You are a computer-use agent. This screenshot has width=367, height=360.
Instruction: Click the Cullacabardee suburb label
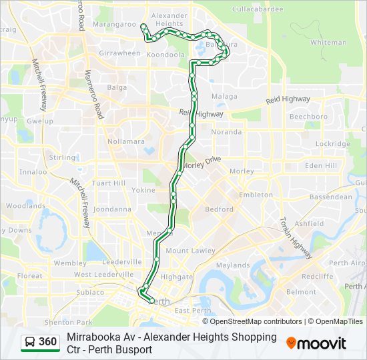pyautogui.click(x=258, y=10)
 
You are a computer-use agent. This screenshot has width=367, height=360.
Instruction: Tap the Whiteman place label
pyautogui.click(x=328, y=43)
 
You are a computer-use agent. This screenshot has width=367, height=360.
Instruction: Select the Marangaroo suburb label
pyautogui.click(x=115, y=24)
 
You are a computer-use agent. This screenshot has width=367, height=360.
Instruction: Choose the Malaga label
pyautogui.click(x=224, y=96)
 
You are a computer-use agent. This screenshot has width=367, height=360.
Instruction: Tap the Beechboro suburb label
pyautogui.click(x=308, y=117)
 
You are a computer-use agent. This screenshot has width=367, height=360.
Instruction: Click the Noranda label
pyautogui.click(x=226, y=132)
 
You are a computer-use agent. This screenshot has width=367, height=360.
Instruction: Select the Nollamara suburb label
pyautogui.click(x=126, y=141)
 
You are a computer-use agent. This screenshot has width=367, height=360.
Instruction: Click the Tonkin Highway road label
pyautogui.click(x=296, y=238)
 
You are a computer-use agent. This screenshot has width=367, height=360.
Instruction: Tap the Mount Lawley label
pyautogui.click(x=190, y=251)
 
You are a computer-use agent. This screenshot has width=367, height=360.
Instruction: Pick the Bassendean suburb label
pyautogui.click(x=330, y=197)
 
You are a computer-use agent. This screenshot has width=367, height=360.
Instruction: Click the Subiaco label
pyautogui.click(x=90, y=292)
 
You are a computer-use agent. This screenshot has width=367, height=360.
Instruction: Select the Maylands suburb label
pyautogui.click(x=232, y=265)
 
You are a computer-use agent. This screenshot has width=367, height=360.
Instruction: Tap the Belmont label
pyautogui.click(x=300, y=292)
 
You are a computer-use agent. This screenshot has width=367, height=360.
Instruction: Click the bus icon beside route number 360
pyautogui.click(x=30, y=343)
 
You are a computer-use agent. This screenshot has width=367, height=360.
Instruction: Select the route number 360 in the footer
pyautogui.click(x=48, y=343)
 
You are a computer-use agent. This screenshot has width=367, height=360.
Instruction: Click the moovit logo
pyautogui.click(x=316, y=343)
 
